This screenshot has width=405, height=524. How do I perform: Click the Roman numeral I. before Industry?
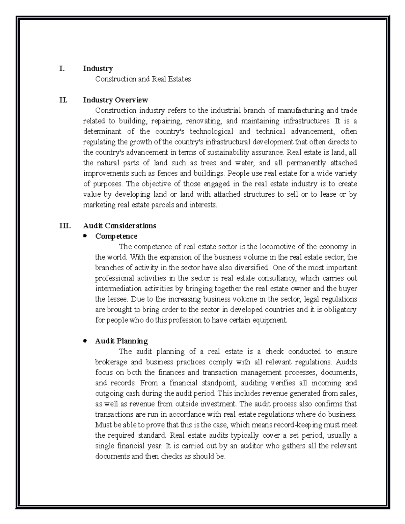(x=61, y=69)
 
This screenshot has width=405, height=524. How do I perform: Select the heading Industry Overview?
(x=115, y=100)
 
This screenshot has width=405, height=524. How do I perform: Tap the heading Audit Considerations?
(x=119, y=226)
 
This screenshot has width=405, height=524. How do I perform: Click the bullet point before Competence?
(x=85, y=236)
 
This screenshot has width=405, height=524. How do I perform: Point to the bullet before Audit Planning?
(x=85, y=341)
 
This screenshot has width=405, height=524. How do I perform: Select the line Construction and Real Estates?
(x=143, y=79)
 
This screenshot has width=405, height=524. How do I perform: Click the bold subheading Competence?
(x=116, y=236)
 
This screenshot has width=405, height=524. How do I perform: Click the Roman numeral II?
(x=63, y=100)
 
